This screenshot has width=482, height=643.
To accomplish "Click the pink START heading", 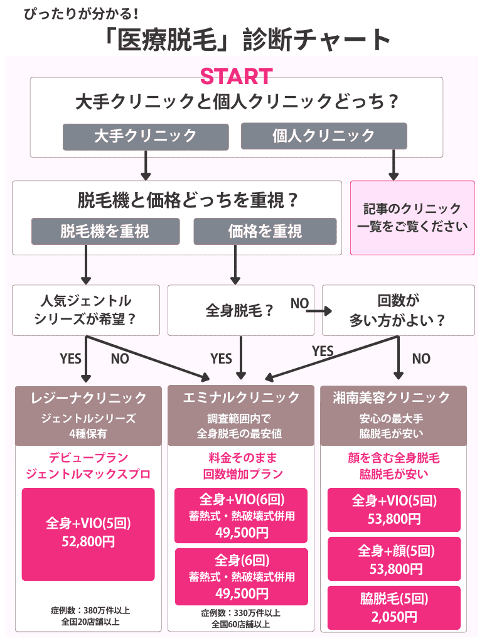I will [x=236, y=76].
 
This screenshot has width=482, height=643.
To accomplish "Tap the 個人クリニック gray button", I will [x=323, y=136].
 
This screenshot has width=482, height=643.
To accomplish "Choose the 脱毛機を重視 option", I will [x=105, y=231].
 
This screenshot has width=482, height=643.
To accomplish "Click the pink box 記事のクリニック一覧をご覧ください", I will [x=412, y=218].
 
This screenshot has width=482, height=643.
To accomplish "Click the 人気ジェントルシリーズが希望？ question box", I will [x=85, y=310].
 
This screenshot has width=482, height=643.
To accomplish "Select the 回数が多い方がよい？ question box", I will [x=398, y=310].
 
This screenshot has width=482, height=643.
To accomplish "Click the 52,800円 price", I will [x=88, y=541].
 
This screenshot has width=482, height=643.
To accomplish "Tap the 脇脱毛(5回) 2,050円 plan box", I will [x=394, y=607].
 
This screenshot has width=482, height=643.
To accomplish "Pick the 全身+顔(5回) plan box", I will [x=394, y=559].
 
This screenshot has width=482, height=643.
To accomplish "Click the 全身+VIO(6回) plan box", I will [x=241, y=515].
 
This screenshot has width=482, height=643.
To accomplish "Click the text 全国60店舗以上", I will [x=241, y=624].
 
